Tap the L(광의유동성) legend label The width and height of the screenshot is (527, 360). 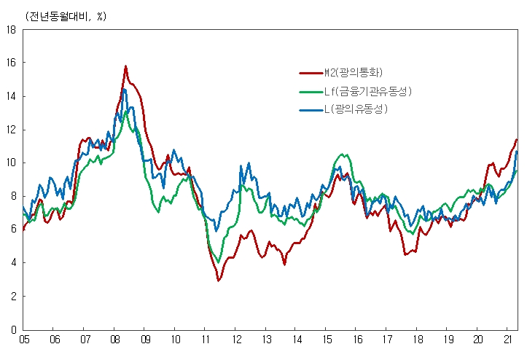355,109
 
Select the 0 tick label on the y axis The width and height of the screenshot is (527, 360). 13,329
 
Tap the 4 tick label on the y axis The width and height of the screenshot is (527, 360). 13,263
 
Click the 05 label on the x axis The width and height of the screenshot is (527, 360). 23,340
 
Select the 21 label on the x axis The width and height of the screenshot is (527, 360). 508,340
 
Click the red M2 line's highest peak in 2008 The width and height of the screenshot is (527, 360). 125,66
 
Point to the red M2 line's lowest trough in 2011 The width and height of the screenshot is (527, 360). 218,281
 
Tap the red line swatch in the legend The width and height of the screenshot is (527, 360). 311,73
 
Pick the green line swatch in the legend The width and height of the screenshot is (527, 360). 311,92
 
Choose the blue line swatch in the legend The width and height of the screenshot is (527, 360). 311,110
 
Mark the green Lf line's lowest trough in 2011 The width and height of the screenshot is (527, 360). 219,262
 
